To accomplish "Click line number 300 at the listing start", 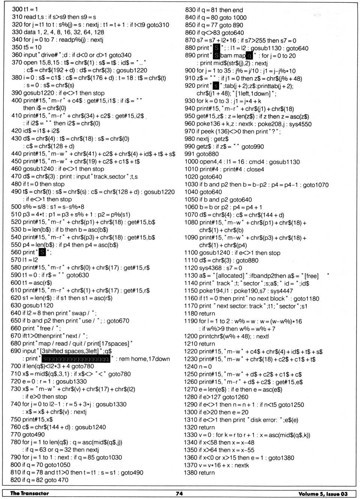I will pos(17,9).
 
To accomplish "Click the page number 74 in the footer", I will pos(179,493).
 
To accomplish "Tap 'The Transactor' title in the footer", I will pos(30,493).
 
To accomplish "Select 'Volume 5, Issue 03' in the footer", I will pos(323,494).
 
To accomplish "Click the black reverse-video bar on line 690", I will pos(76,359).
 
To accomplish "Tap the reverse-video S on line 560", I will pos(42,252).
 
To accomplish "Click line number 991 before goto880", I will pos(189,154).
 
